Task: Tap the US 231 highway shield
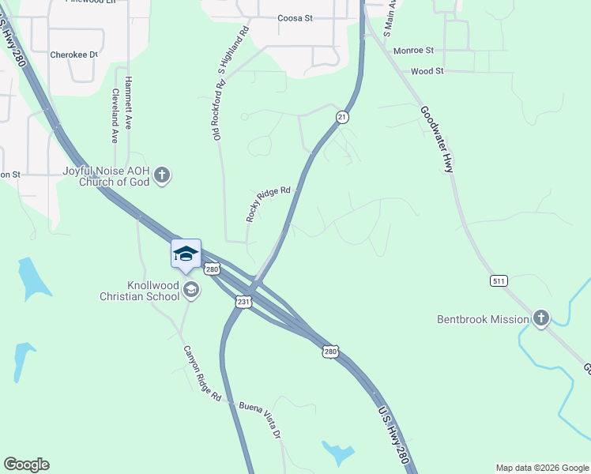point(244,302)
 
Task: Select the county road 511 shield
point(498,280)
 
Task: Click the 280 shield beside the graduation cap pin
point(212,269)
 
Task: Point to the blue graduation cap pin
point(186,254)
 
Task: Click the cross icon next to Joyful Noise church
point(162,175)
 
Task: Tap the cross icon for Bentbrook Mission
point(541,318)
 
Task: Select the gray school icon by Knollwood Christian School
point(190,291)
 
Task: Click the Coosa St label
point(296,18)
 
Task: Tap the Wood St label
point(427,71)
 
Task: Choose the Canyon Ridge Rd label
point(202,373)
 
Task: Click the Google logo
point(26,465)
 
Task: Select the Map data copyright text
point(541,468)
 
